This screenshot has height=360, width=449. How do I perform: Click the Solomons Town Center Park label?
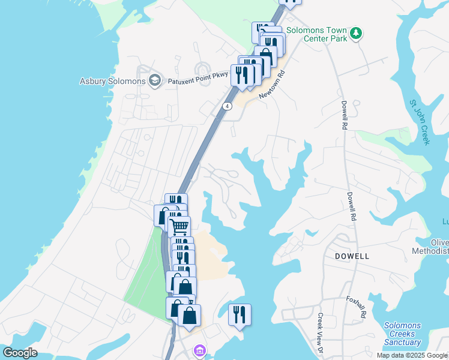pos(316,34)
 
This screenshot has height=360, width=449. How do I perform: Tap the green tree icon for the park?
pos(357,32)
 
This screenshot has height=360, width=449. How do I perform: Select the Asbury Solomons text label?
pos(113,81)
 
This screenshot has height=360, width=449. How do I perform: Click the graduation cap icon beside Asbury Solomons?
pos(155,81)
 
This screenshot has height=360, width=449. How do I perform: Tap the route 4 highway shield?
pos(227,106)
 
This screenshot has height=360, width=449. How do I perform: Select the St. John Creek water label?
pos(420,121)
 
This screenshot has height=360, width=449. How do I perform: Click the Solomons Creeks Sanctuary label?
pos(402,334)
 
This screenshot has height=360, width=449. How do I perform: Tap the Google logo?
pos(19,353)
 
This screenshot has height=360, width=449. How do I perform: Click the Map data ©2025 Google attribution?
pos(411,355)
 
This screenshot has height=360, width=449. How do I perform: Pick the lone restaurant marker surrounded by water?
pos(239,314)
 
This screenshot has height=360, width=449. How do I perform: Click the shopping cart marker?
pos(179,227)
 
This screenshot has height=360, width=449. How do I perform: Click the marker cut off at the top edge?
pos(291,2)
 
